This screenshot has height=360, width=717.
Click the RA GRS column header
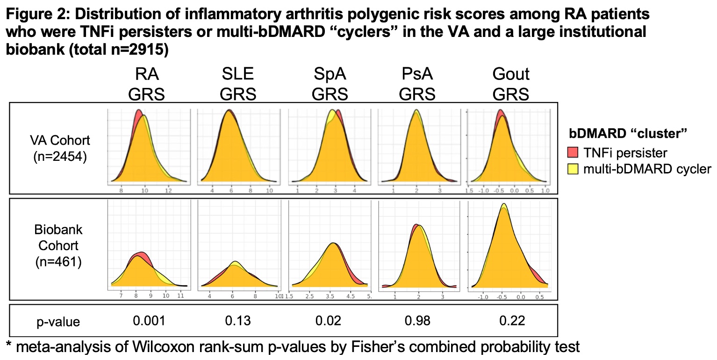[x=147, y=84]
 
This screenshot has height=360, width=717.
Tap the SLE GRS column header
[x=238, y=84]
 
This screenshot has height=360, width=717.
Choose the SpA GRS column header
[x=330, y=84]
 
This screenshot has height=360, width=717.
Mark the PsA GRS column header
[x=417, y=84]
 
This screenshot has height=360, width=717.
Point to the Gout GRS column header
[x=511, y=84]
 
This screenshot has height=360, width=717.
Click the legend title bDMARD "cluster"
[x=627, y=133]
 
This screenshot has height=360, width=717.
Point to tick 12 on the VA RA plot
[x=169, y=191]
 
